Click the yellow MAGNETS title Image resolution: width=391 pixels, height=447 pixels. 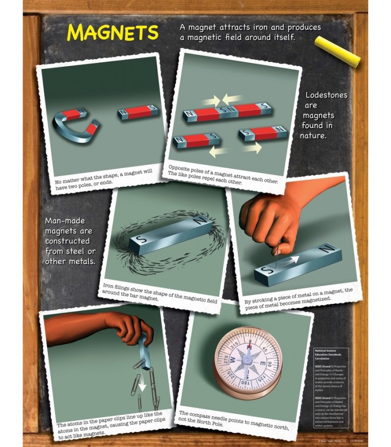click(x=113, y=32)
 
